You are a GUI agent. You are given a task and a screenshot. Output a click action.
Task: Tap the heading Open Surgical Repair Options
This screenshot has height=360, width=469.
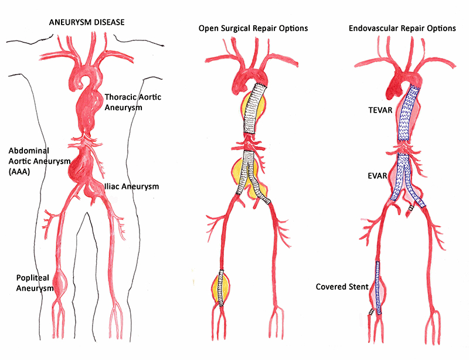[253, 28]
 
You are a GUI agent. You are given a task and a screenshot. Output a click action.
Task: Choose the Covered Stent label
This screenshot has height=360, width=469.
[342, 287]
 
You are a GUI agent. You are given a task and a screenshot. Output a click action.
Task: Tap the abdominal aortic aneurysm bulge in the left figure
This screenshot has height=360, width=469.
[80, 165]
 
